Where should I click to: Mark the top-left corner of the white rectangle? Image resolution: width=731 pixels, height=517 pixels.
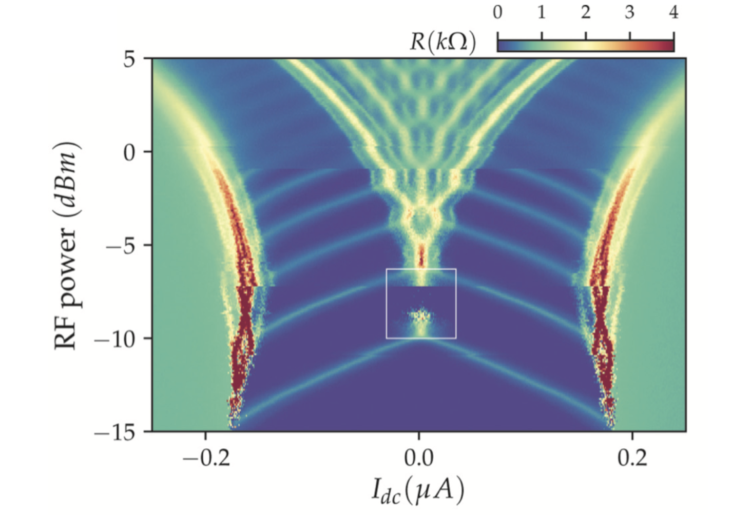coord(387,269)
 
